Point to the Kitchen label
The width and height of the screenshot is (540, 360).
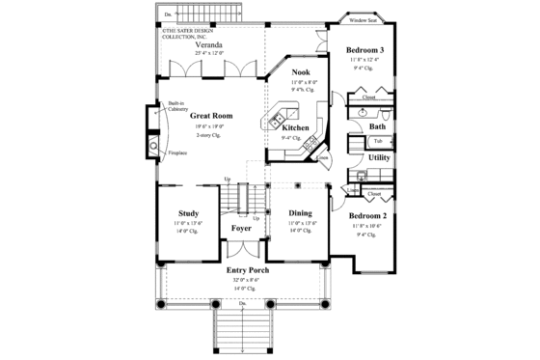[295, 126]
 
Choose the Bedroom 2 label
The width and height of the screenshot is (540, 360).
[367, 215]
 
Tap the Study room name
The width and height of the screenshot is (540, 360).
[188, 213]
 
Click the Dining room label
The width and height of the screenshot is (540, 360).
[300, 213]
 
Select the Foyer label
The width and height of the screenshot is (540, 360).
[241, 229]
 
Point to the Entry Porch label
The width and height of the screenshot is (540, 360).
[247, 270]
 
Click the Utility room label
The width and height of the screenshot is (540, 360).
[379, 156]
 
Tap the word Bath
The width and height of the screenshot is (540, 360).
[377, 126]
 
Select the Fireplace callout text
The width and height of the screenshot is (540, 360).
[176, 152]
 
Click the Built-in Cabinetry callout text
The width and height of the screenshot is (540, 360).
[176, 107]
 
